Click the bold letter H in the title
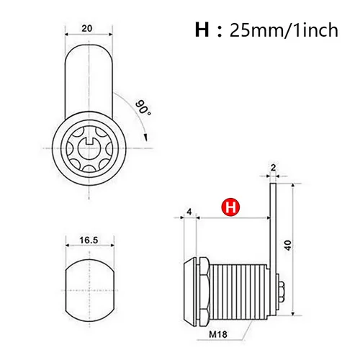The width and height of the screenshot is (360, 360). coord(202,31)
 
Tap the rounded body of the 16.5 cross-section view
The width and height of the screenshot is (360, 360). coord(88,289)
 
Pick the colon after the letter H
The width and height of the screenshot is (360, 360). coord(218,32)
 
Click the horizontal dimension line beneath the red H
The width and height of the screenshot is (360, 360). coord(230,217)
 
